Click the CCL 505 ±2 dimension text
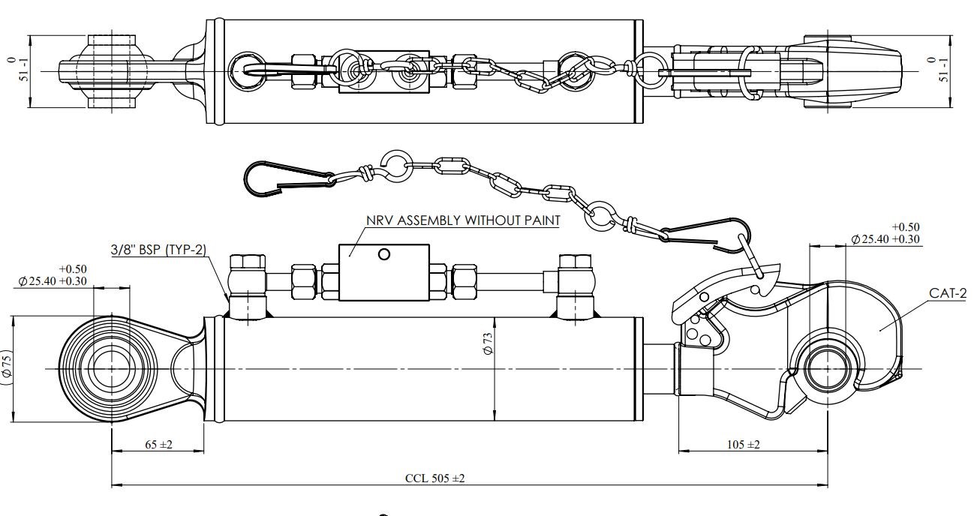pos(434,478)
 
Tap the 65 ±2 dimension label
pos(158,445)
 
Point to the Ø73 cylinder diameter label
pos(487,346)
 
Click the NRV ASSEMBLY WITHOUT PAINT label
pos(464,220)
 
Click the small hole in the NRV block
pos(384,255)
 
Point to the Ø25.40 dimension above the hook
pos(886,239)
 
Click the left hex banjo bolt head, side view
pos(248,263)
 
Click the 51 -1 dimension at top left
pos(16,70)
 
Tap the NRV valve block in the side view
pos(384,271)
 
